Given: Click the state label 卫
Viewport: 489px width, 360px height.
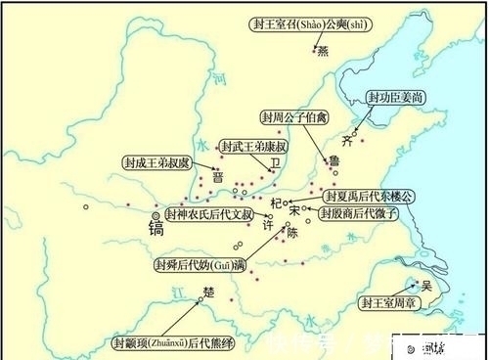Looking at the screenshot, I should coord(275,164).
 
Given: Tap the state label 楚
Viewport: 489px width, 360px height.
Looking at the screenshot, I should coord(207,292).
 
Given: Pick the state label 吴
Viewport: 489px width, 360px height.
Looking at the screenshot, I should coord(425,286).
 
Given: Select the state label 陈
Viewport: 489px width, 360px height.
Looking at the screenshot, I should coord(289,233).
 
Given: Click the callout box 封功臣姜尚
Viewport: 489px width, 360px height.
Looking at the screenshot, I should coord(394,98).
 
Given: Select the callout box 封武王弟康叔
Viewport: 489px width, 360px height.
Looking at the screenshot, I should coord(252,145).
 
